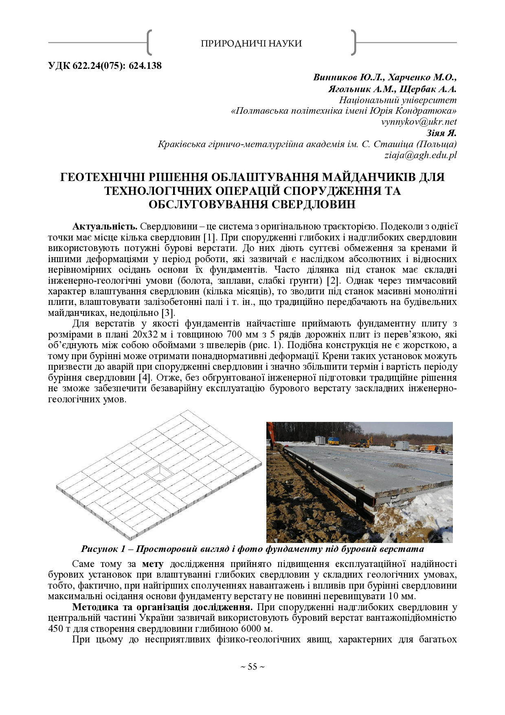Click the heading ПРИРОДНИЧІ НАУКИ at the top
coord(251,43)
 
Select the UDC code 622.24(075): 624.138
coord(105,66)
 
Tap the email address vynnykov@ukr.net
coord(419,121)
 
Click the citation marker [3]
coord(168,313)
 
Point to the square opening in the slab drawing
coord(159,473)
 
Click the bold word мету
coord(153,564)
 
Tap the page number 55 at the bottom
coord(253,667)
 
